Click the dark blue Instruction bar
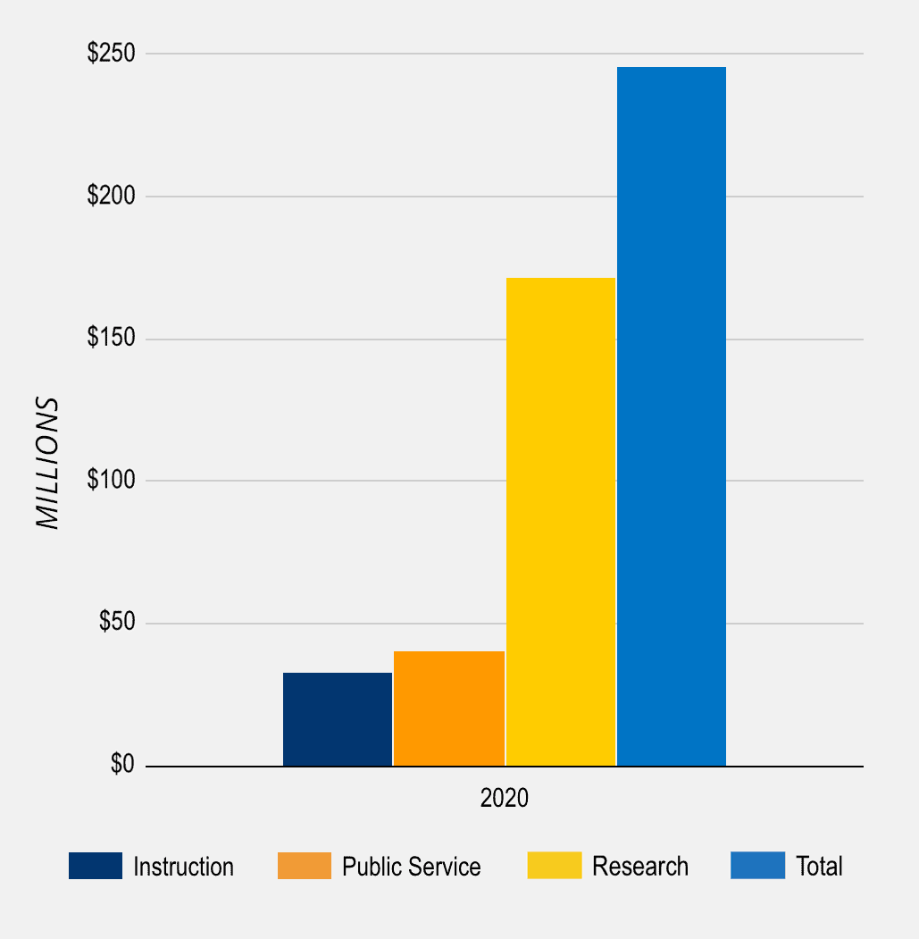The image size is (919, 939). point(338,719)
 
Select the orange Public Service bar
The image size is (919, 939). point(449,708)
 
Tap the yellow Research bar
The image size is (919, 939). point(561,522)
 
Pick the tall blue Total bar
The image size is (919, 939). point(672,416)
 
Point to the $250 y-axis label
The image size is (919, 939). point(111,54)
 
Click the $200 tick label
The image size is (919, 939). point(111,196)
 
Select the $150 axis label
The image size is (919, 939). point(111,339)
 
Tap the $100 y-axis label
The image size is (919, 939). point(111,481)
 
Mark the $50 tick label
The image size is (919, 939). point(116,623)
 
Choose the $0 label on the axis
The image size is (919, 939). point(122,765)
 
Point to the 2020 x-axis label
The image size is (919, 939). point(505,798)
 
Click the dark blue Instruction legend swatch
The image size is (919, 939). point(96,866)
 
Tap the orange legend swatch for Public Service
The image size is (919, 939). point(305,866)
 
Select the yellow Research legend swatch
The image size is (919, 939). point(555,866)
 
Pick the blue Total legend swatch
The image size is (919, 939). point(758,866)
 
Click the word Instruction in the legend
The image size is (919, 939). point(183,867)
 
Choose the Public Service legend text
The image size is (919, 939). point(412,867)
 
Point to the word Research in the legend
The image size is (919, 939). point(640,867)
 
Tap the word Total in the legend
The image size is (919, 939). point(819,867)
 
